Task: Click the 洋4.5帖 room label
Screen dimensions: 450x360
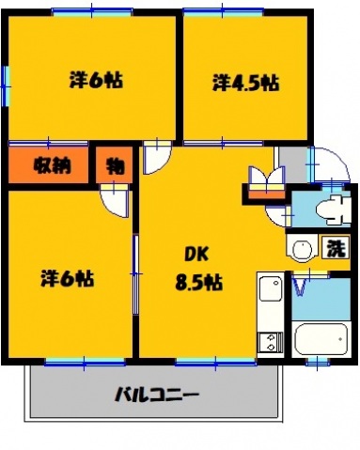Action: click(x=244, y=83)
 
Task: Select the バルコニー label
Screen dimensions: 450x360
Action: click(x=156, y=393)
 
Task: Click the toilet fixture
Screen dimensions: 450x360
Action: click(x=330, y=209)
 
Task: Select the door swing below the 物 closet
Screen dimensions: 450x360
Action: click(x=115, y=199)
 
